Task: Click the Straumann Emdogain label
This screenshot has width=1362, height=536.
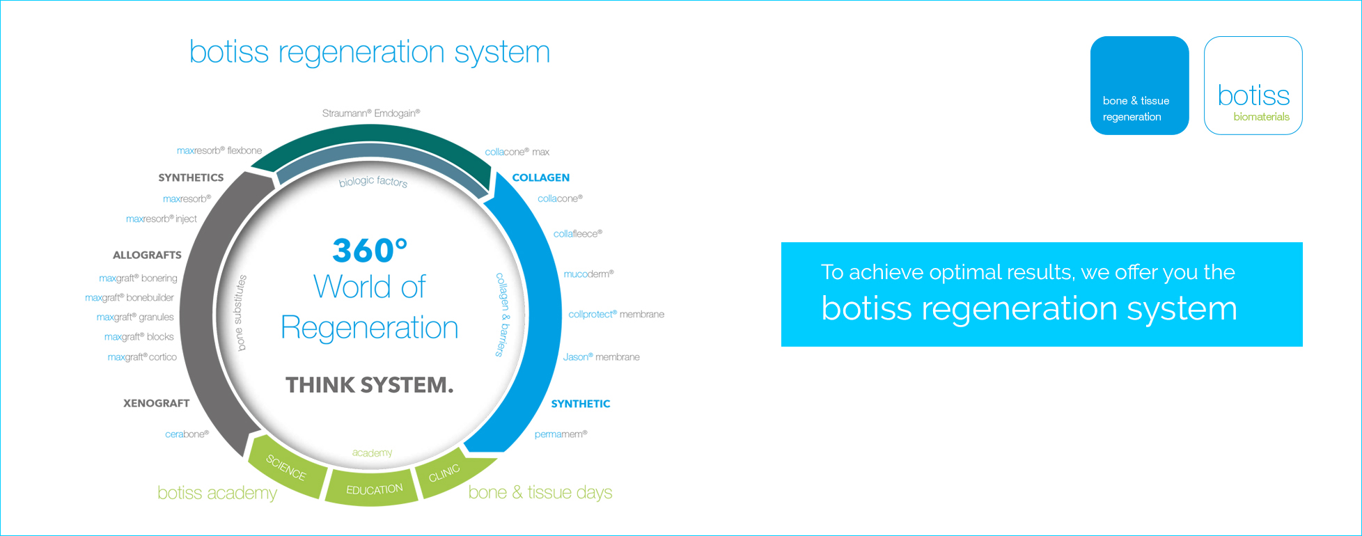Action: point(371,113)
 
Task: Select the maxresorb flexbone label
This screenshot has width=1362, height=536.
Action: point(219,150)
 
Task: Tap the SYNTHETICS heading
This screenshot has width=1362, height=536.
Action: point(191,178)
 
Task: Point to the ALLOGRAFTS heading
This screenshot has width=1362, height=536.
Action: point(147,255)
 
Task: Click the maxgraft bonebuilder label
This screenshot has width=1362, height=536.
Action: point(130,297)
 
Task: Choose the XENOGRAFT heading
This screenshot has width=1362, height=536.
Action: point(156,403)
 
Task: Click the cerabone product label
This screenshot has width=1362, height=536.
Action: point(187,434)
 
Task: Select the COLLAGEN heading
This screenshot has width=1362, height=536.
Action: point(541,178)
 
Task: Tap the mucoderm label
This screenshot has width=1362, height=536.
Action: point(589,274)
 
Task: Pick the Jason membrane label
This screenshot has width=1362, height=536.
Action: point(602,357)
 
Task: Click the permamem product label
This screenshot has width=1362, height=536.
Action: point(561,434)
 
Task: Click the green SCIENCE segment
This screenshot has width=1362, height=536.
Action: point(287,468)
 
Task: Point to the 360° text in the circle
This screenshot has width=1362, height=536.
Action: point(370,250)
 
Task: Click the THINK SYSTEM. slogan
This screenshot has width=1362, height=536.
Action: point(370,385)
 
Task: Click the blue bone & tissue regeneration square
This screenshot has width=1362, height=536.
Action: point(1140,86)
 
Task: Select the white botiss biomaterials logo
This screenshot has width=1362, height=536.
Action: point(1253,86)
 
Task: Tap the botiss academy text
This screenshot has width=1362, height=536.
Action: point(217,493)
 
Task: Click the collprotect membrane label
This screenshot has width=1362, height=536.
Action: point(616,315)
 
